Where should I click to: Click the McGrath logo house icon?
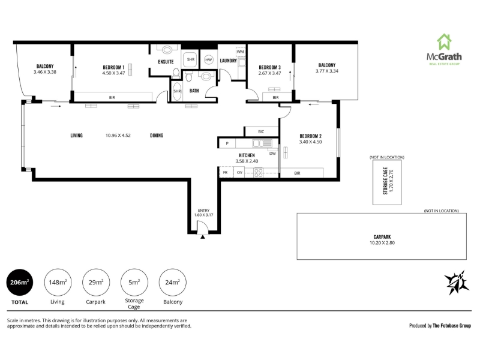pyautogui.click(x=444, y=42)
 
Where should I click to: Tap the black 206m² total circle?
pyautogui.click(x=20, y=283)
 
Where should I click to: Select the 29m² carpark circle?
pyautogui.click(x=96, y=283)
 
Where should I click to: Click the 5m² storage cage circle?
pyautogui.click(x=134, y=283)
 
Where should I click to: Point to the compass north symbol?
pyautogui.click(x=457, y=283)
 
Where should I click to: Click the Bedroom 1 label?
pyautogui.click(x=113, y=67)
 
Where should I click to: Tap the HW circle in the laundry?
pyautogui.click(x=208, y=59)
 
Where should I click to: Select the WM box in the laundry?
pyautogui.click(x=241, y=52)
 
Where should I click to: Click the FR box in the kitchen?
pyautogui.click(x=226, y=173)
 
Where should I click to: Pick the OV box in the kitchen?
pyautogui.click(x=239, y=173)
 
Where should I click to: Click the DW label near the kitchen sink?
pyautogui.click(x=272, y=154)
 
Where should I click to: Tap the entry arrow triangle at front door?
pyautogui.click(x=202, y=236)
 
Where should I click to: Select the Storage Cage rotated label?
pyautogui.click(x=385, y=181)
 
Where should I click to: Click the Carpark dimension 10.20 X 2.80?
pyautogui.click(x=382, y=243)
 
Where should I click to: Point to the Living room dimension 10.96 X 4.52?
pyautogui.click(x=118, y=136)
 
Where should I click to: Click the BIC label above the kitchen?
pyautogui.click(x=261, y=131)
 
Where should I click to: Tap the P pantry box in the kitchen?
pyautogui.click(x=227, y=143)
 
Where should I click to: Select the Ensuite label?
pyautogui.click(x=166, y=62)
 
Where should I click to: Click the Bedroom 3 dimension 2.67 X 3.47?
pyautogui.click(x=269, y=73)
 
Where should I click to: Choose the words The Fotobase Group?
pyautogui.click(x=452, y=326)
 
